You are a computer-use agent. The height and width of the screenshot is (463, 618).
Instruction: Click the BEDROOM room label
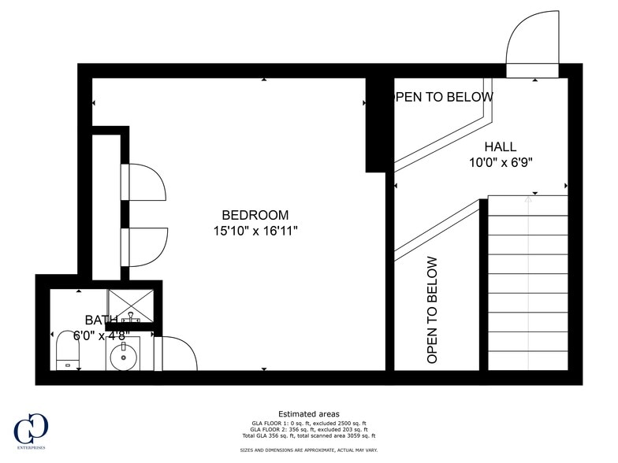[255, 215]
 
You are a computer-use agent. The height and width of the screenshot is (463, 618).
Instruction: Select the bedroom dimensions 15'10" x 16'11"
[255, 231]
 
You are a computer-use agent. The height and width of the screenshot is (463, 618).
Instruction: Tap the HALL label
[501, 146]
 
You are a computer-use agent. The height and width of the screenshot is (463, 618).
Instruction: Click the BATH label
[102, 320]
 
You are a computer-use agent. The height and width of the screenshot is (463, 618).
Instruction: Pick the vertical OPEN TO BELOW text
[432, 310]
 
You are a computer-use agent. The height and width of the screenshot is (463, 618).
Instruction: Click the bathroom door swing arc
[178, 352]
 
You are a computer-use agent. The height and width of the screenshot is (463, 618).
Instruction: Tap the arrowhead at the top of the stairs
[527, 200]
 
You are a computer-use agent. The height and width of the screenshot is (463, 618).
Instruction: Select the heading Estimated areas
[308, 413]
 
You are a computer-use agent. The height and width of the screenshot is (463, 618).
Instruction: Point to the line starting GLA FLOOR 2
[308, 429]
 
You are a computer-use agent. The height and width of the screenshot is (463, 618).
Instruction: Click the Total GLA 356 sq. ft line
[308, 435]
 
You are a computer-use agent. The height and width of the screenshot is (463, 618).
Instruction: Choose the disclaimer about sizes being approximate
[308, 450]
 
